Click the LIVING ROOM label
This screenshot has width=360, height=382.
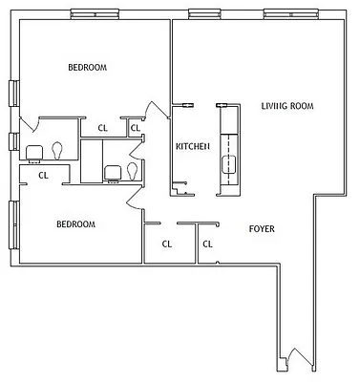pos(287,105)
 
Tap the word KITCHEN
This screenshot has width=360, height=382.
pos(192,146)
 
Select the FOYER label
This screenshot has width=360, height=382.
pos(263,229)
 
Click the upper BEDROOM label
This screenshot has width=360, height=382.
pos(87,67)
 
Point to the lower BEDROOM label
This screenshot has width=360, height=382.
pos(75,224)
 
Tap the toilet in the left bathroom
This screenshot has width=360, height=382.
pos(58,150)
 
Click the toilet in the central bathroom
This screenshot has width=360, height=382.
pos(131,171)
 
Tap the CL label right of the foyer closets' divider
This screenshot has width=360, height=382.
pos(207,244)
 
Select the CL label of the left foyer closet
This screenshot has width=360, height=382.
pos(166,244)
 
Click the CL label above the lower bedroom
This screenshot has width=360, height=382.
pos(43,175)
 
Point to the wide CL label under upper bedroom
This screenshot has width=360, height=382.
pos(102,128)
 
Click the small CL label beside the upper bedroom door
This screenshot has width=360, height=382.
pos(135,128)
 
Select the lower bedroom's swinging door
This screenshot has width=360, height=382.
pos(133,195)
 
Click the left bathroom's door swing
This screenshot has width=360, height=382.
pos(28,125)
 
